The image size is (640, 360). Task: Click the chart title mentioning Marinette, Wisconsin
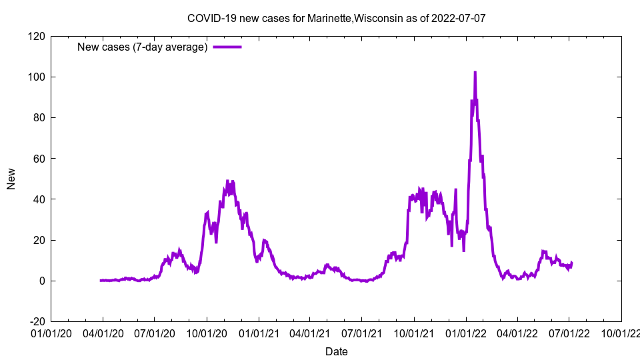(x=336, y=18)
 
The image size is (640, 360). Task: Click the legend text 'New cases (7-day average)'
(x=143, y=47)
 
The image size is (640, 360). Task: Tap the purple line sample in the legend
(x=227, y=47)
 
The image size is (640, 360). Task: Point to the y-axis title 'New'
(x=11, y=179)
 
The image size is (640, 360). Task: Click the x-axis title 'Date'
(x=336, y=351)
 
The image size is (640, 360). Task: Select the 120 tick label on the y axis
(x=36, y=36)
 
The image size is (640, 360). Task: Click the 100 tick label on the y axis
(x=36, y=77)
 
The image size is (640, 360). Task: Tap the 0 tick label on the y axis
(x=41, y=281)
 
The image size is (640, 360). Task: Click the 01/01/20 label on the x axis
(x=51, y=333)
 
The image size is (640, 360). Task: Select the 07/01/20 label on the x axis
(x=155, y=333)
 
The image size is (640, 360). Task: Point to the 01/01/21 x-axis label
(x=259, y=333)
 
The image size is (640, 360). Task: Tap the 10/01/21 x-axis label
(x=414, y=333)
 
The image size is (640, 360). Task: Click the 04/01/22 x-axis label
(x=517, y=333)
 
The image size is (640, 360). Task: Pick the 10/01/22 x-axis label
(x=621, y=333)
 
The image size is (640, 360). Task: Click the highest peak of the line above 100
(x=475, y=72)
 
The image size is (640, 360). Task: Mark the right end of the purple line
(x=572, y=263)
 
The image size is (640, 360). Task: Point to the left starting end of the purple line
(x=101, y=281)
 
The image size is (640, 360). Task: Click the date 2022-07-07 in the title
(x=459, y=18)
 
